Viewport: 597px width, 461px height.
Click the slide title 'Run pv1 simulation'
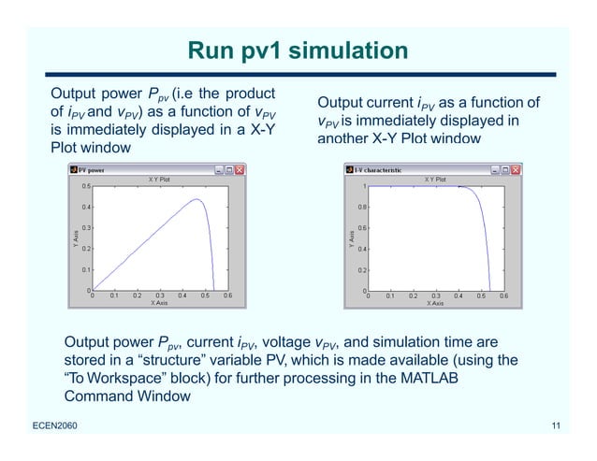pyautogui.click(x=298, y=50)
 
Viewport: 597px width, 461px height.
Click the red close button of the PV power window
pyautogui.click(x=240, y=170)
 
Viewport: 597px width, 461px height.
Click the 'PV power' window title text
pyautogui.click(x=91, y=170)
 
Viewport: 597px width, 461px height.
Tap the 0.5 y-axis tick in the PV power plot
pyautogui.click(x=85, y=186)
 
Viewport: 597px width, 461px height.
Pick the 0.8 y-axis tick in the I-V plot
pyautogui.click(x=360, y=207)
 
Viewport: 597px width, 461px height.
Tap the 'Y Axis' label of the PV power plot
pyautogui.click(x=75, y=238)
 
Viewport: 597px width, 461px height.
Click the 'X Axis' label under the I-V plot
pyautogui.click(x=435, y=303)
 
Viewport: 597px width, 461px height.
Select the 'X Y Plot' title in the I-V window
pyautogui.click(x=435, y=178)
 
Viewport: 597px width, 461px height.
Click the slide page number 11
pyautogui.click(x=556, y=427)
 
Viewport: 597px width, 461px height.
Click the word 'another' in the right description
pyautogui.click(x=345, y=138)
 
